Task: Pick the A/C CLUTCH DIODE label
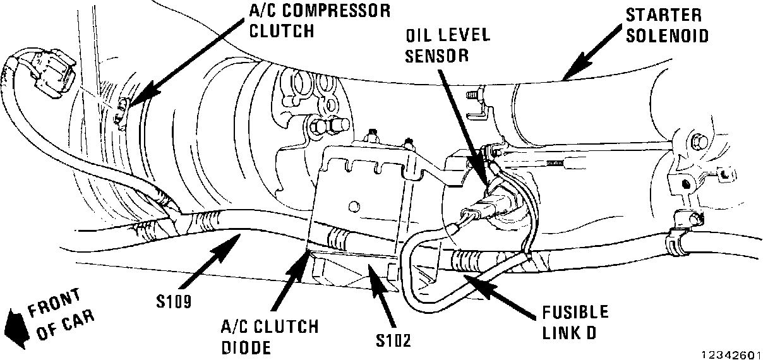[270, 337]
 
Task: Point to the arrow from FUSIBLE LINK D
[499, 291]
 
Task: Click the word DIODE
[246, 347]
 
